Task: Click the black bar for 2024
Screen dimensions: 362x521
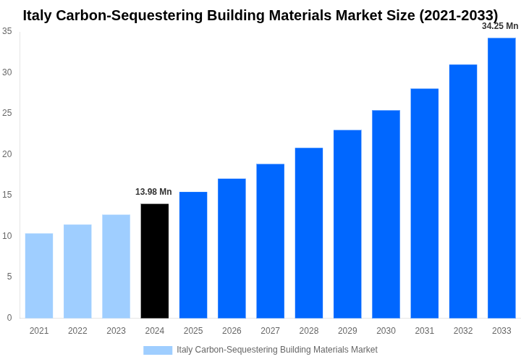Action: (x=154, y=261)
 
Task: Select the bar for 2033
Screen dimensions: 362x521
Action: (x=501, y=178)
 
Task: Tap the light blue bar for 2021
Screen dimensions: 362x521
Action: (x=39, y=276)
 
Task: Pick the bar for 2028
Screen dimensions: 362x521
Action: (x=309, y=233)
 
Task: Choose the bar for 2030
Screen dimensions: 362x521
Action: (x=386, y=214)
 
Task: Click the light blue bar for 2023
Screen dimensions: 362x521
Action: (x=116, y=266)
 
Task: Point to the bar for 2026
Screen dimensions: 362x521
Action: (x=232, y=248)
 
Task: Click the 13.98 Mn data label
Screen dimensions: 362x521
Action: (x=153, y=192)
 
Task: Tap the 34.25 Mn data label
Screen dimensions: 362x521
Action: (x=500, y=26)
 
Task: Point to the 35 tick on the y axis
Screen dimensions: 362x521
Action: (x=7, y=31)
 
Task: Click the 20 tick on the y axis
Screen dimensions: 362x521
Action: (x=7, y=154)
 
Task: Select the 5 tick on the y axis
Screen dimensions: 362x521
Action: (x=9, y=277)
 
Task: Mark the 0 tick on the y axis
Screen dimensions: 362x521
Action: (x=9, y=318)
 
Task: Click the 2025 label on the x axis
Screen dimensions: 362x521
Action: (x=193, y=331)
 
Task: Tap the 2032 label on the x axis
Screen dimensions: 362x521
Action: (x=463, y=331)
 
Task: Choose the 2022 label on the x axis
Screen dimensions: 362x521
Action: (x=77, y=331)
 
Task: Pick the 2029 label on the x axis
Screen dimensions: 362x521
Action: (x=347, y=331)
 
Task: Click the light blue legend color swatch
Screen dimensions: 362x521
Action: (x=158, y=350)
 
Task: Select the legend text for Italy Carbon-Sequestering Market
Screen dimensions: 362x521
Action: (x=277, y=350)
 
